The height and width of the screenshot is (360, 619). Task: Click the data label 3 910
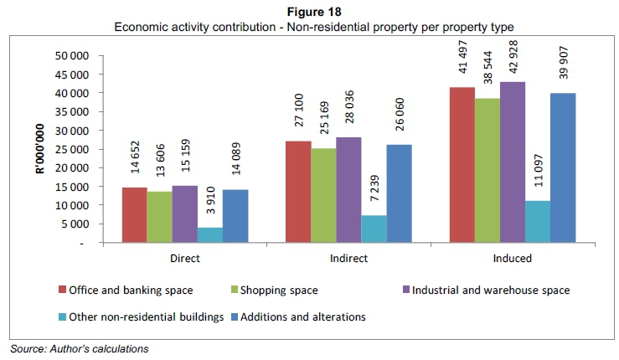[210, 205]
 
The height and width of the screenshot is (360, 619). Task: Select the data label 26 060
[400, 121]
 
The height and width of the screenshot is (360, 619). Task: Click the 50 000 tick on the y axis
[71, 55]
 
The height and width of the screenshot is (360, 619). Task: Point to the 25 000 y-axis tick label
[71, 149]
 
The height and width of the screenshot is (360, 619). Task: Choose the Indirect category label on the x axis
[348, 259]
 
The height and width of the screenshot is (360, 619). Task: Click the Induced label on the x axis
[513, 259]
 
